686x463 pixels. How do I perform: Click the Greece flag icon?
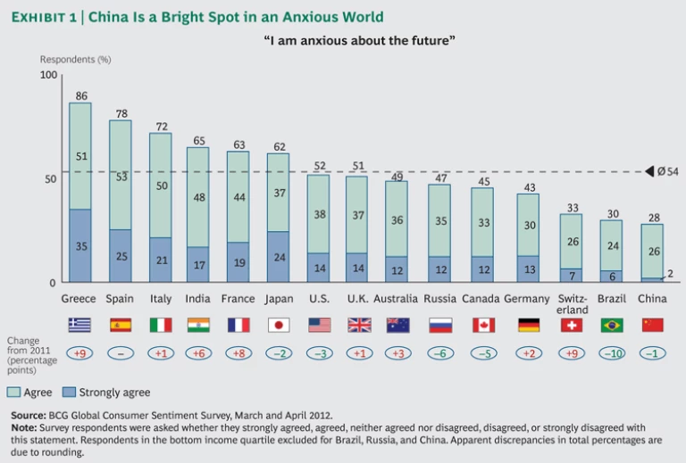pyautogui.click(x=79, y=325)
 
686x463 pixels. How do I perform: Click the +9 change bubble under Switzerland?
pyautogui.click(x=573, y=354)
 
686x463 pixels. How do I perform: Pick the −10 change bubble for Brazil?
pyautogui.click(x=612, y=354)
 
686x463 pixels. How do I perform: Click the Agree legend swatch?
pyautogui.click(x=13, y=392)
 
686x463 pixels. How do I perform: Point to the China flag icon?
pyautogui.click(x=653, y=325)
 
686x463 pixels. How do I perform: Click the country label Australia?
pyautogui.click(x=396, y=298)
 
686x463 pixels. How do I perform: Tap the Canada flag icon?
pyautogui.click(x=483, y=325)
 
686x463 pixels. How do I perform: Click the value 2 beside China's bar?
pyautogui.click(x=670, y=275)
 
